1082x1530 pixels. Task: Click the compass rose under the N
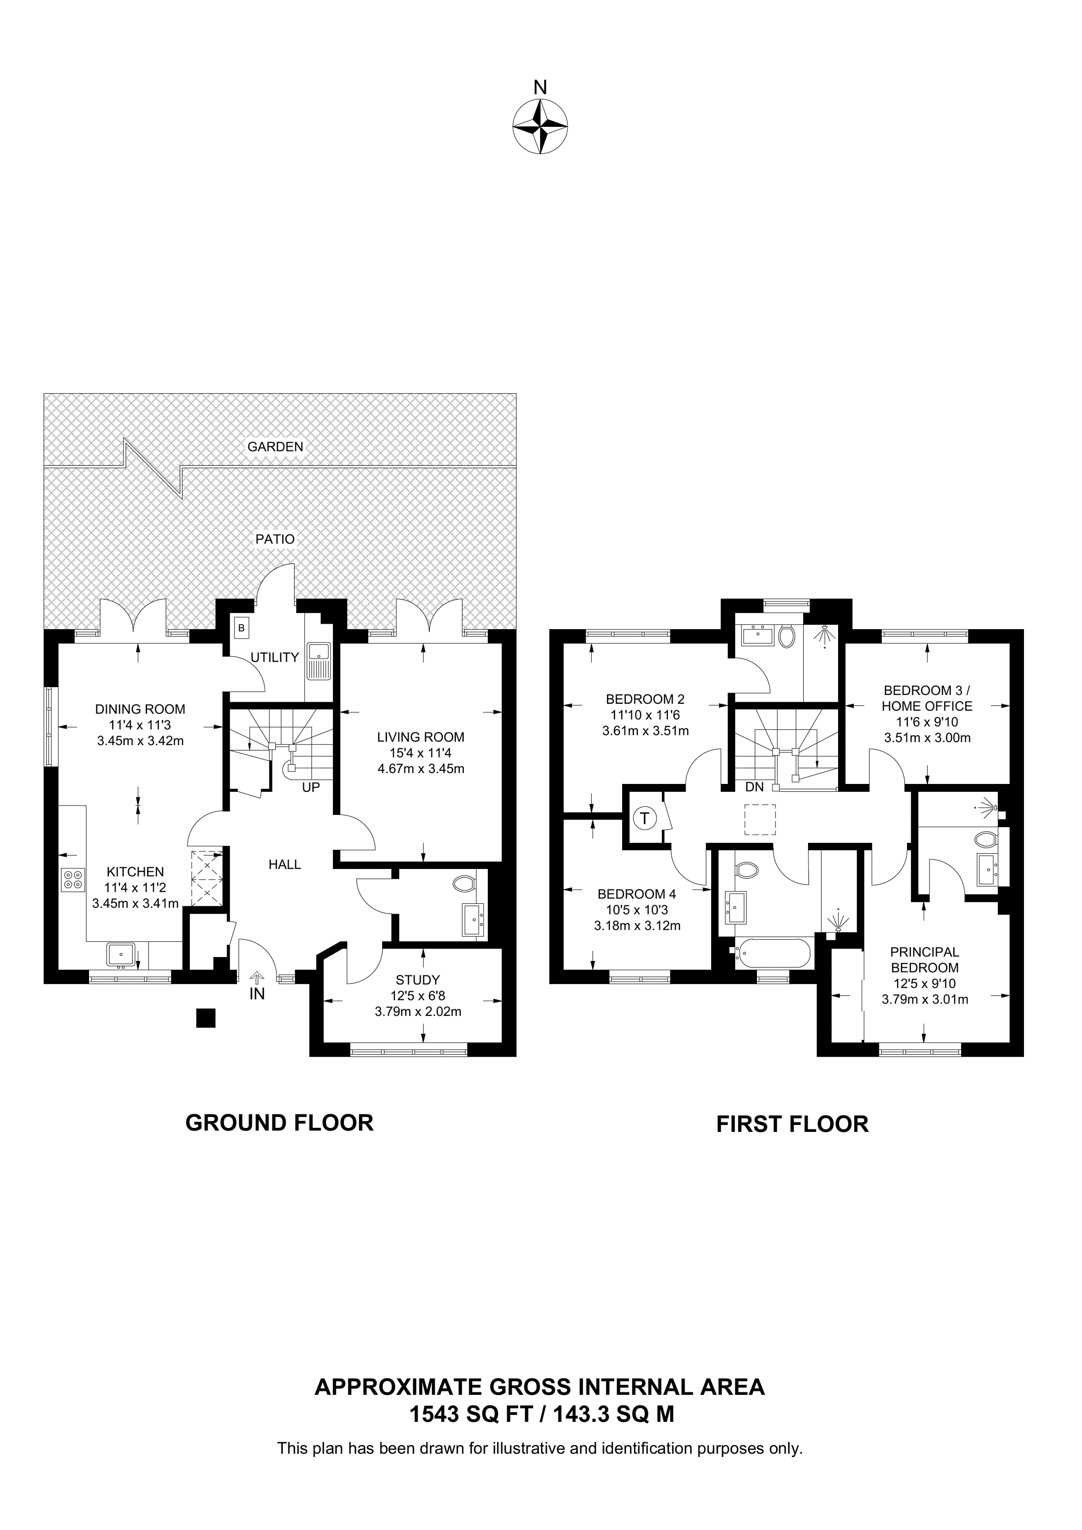(540, 126)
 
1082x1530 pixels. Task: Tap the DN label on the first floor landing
(754, 787)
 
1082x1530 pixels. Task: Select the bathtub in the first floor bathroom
(772, 953)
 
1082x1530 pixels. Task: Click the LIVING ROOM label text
(420, 737)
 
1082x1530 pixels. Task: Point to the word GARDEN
(275, 446)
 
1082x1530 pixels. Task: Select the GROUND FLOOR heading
(279, 1123)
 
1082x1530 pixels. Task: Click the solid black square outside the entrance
(206, 1017)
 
